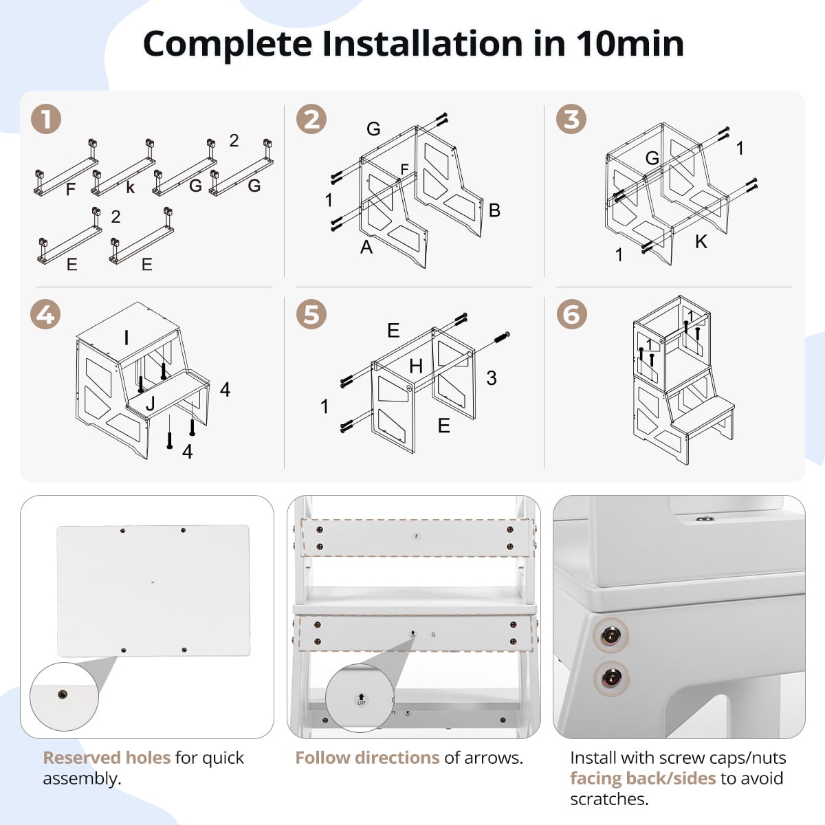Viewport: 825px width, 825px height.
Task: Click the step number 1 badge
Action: [46, 120]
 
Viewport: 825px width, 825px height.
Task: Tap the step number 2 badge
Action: [311, 120]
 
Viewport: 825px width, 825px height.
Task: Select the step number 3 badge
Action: [571, 120]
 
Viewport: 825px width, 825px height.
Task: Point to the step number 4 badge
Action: [46, 315]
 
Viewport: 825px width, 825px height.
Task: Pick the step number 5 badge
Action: [311, 315]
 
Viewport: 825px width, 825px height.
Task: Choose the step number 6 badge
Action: [571, 315]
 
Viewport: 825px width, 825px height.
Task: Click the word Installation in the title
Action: [423, 44]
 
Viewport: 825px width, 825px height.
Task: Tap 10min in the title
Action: [630, 44]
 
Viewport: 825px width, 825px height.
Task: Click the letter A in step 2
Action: [366, 247]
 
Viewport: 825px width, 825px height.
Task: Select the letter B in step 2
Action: [494, 210]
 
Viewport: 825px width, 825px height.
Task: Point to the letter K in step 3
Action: [701, 242]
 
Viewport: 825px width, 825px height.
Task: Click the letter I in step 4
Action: [126, 338]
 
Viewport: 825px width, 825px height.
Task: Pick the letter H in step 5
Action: [416, 366]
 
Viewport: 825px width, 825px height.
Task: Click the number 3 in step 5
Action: [492, 377]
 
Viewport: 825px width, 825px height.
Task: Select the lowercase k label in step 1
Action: [130, 188]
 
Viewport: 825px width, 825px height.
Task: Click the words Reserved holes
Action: [107, 758]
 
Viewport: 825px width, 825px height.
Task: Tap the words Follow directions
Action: [367, 758]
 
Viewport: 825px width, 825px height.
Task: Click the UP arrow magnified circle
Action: [361, 699]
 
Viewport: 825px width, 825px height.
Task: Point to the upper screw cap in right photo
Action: [610, 637]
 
